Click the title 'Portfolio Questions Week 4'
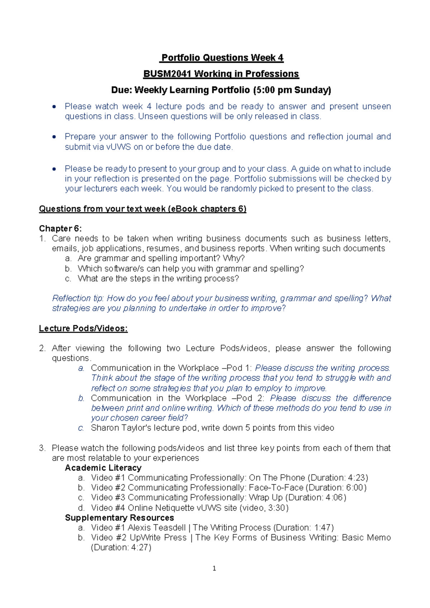[222, 58]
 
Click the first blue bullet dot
[54, 106]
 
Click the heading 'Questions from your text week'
[102, 209]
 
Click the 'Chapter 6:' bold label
[60, 228]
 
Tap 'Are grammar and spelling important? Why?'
[161, 258]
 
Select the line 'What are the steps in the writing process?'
[158, 279]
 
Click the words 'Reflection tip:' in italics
[78, 298]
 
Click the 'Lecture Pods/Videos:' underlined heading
[83, 328]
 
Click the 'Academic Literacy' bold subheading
[103, 468]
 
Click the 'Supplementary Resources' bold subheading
[119, 518]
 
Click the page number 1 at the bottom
[214, 568]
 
